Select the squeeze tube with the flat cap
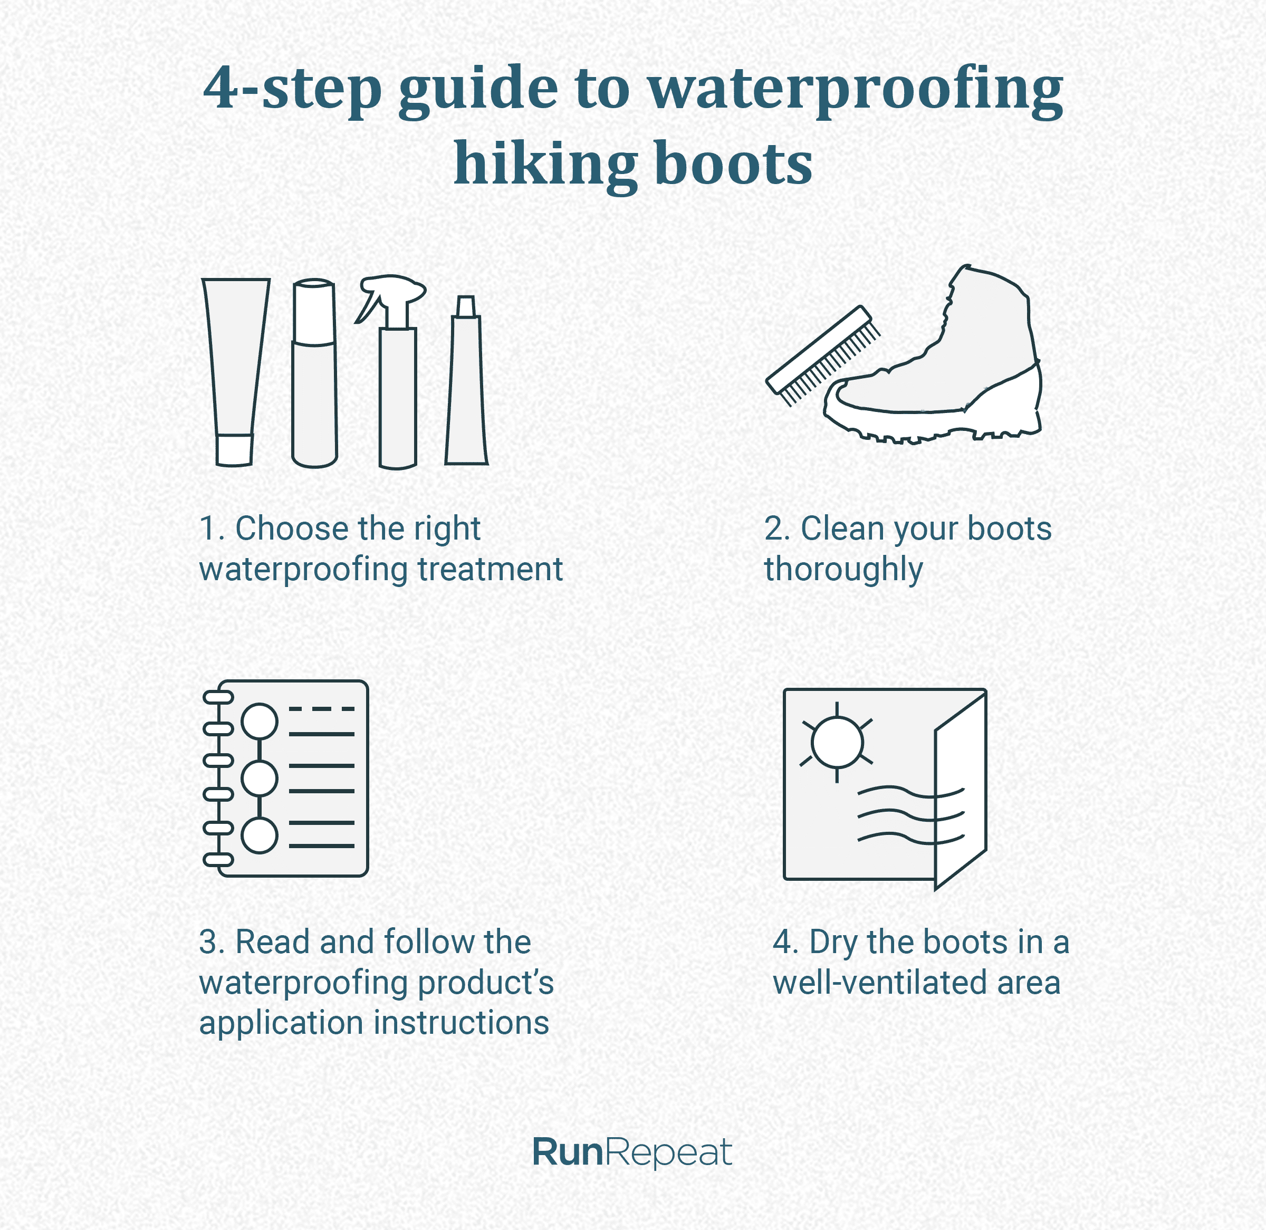tap(235, 371)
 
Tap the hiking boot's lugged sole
tap(930, 423)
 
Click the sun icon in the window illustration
tap(837, 741)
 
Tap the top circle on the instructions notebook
tap(260, 721)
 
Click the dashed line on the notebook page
tap(322, 709)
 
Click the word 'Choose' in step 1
tap(291, 528)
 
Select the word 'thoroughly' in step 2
tap(843, 570)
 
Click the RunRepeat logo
tap(632, 1152)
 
